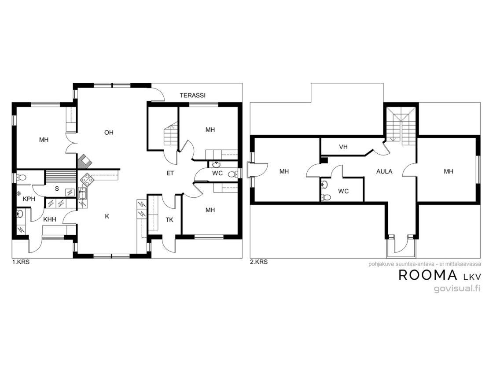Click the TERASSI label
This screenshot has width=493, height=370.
(192, 95)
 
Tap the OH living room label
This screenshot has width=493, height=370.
(109, 133)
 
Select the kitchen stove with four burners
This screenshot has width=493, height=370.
(87, 179)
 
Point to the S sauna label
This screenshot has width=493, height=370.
(57, 189)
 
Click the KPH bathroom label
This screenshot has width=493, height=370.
(29, 199)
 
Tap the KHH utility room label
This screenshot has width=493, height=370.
(50, 219)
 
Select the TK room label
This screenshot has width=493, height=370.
(169, 220)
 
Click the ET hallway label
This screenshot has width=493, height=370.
(170, 173)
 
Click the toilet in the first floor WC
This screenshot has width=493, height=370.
(233, 174)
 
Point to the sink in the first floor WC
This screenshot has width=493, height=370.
(216, 164)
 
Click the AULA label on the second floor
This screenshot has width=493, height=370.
(384, 171)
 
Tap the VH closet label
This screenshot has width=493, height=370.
(343, 147)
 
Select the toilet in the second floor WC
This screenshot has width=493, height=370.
(326, 197)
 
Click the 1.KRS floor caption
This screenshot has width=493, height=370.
(21, 262)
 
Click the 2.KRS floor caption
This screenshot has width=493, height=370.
(259, 262)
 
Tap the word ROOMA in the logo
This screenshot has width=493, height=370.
(428, 275)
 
